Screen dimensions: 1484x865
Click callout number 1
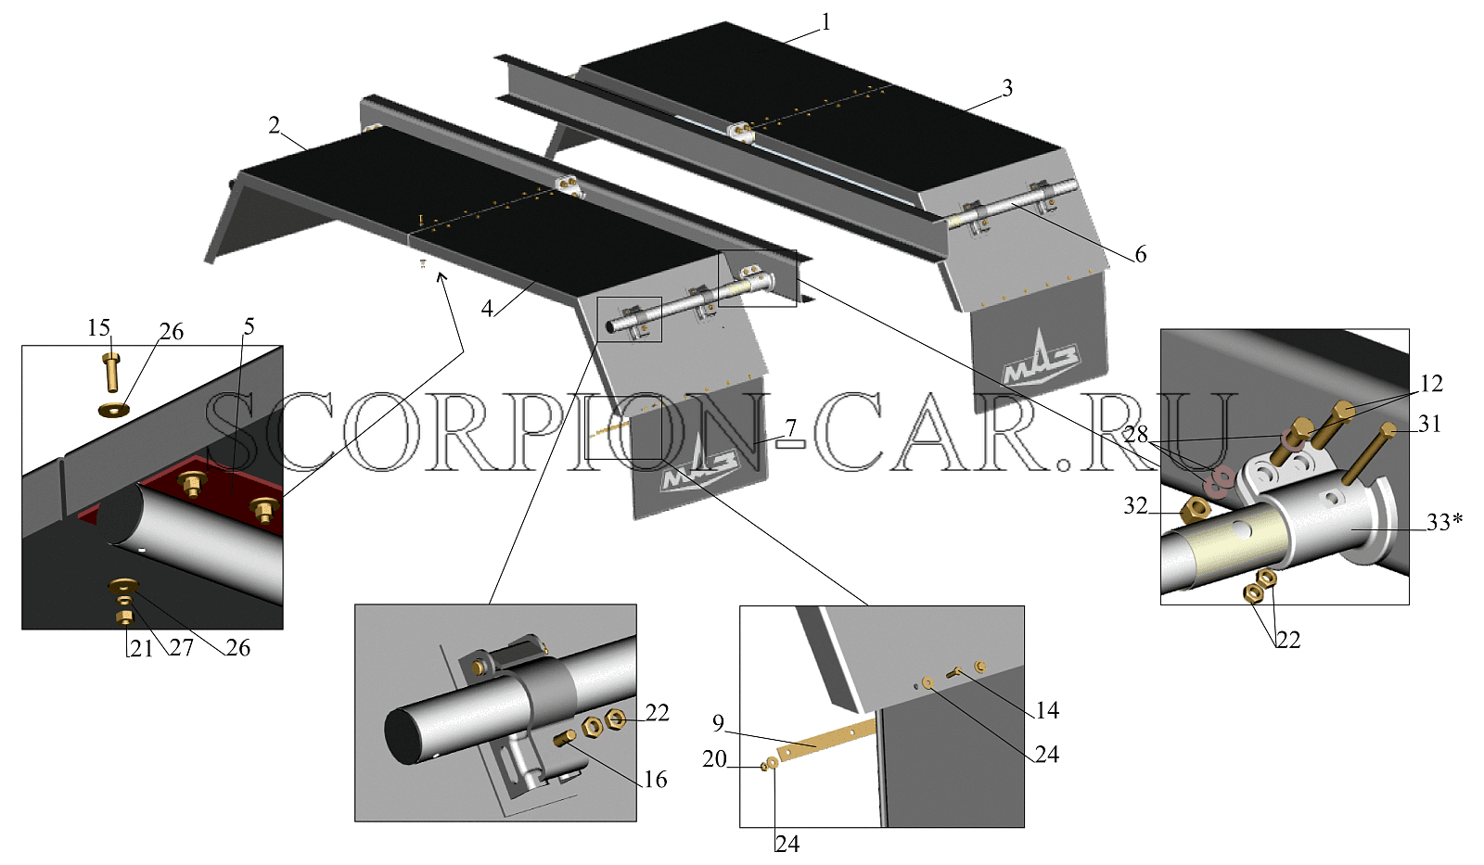(825, 23)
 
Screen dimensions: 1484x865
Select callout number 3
(1007, 88)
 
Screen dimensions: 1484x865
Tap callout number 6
(1140, 254)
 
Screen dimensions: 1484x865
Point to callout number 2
(275, 125)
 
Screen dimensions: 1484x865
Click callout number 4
(487, 308)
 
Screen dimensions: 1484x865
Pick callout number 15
(98, 327)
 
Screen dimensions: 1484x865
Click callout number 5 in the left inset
(249, 325)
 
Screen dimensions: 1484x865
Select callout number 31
(1429, 423)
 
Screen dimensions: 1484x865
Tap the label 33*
(1444, 522)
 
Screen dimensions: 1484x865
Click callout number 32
(1135, 506)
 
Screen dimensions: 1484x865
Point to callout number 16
(655, 780)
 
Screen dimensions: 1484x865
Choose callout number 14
(1047, 711)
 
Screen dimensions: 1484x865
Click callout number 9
(718, 723)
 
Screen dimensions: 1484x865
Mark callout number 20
(715, 758)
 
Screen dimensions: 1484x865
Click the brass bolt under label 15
(112, 372)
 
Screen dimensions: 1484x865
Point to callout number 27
(181, 647)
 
